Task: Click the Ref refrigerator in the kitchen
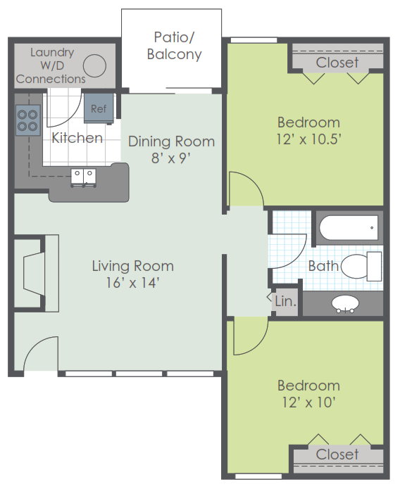99,108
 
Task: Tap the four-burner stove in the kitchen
28,120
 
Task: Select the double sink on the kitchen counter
83,178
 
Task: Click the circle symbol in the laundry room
94,66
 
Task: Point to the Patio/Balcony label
174,46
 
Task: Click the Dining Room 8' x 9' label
171,150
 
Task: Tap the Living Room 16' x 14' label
133,274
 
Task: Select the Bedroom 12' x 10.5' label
308,131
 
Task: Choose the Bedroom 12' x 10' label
308,394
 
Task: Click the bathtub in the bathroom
349,228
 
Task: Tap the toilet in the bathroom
361,267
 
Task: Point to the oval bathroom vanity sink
345,303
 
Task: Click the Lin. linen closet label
285,301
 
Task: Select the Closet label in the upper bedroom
337,63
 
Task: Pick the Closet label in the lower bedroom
337,455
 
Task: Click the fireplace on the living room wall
35,274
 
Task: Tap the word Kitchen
77,138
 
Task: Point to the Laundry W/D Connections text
51,66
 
